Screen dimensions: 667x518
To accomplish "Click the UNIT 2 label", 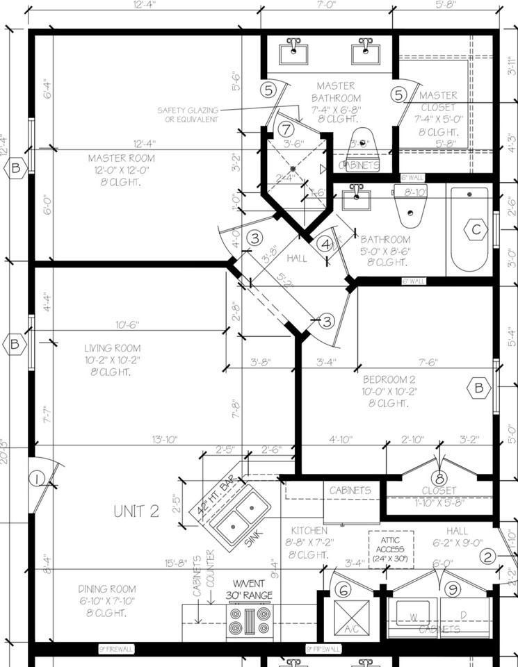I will (136, 511).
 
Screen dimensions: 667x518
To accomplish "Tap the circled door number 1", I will (37, 478).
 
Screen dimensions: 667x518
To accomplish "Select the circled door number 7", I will (286, 129).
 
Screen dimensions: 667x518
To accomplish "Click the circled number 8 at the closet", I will (439, 478).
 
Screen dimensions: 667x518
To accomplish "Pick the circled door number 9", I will (453, 589).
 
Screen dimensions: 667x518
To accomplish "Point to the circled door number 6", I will (342, 589).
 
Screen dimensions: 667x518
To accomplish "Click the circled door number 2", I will (488, 556).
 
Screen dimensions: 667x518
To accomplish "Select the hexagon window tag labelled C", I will (476, 230).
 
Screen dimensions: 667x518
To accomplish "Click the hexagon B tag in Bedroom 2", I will (478, 388).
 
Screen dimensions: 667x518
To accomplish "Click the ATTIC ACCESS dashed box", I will (391, 550).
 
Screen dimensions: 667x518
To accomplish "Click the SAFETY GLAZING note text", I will (188, 115).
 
